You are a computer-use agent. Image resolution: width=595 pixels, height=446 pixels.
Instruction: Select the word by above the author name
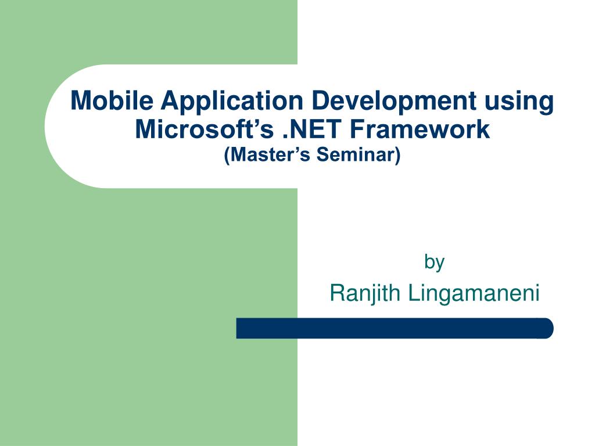(x=434, y=262)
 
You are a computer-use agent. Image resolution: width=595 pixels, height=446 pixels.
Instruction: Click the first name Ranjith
(x=365, y=294)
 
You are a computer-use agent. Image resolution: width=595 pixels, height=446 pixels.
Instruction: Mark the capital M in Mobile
(x=80, y=101)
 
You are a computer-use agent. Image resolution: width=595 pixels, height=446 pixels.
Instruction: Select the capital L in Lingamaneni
(x=412, y=293)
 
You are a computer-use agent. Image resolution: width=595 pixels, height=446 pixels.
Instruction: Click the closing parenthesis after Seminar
(x=398, y=156)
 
